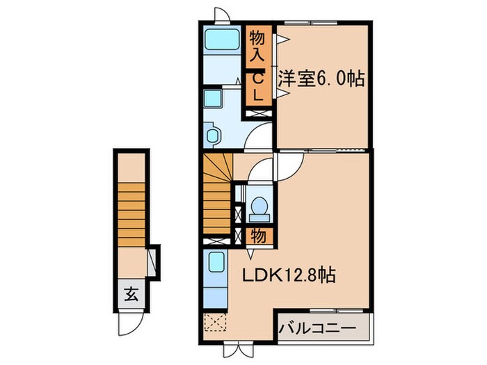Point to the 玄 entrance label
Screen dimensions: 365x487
[131, 293]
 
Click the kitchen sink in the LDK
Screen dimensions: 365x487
[216, 262]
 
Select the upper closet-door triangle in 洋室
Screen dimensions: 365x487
[281, 40]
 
